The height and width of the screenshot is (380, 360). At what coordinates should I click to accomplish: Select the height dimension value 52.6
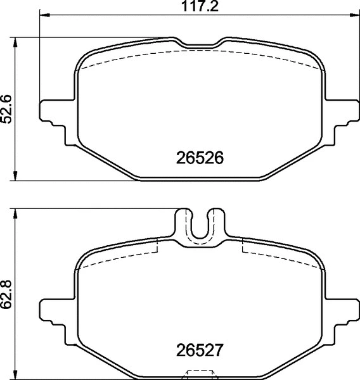tap(7, 110)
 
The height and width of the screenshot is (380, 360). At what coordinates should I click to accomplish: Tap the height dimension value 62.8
tap(7, 295)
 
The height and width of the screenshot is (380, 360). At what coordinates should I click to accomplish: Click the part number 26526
tap(199, 158)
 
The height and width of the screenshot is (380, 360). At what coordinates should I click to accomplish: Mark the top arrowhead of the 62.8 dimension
tap(16, 212)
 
